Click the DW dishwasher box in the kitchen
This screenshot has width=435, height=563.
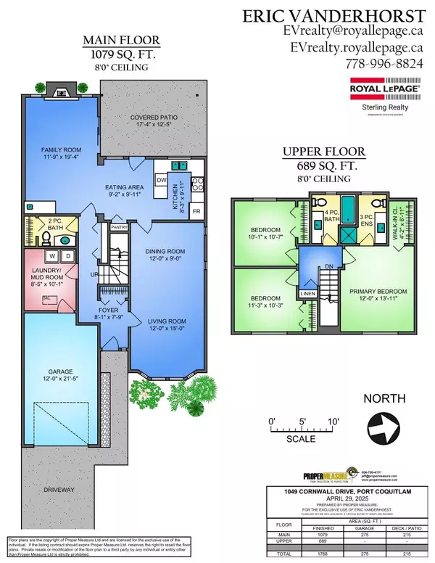(162, 179)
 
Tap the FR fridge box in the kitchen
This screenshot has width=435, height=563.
(196, 211)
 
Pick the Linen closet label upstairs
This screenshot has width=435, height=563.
(308, 293)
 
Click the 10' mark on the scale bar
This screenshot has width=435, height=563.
(331, 422)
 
